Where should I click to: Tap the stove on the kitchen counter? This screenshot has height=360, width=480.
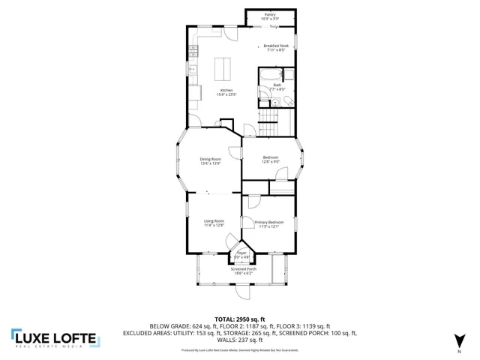coord(193,52)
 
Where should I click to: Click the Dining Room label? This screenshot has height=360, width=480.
coord(210,158)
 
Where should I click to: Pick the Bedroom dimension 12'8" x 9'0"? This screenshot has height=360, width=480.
coord(271,161)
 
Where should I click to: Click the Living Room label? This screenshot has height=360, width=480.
coord(214,220)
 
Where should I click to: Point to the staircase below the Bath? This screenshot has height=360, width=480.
coord(268,127)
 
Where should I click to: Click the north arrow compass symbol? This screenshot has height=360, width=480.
coord(459,342)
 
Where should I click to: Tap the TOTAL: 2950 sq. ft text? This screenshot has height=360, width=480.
coord(240,319)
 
